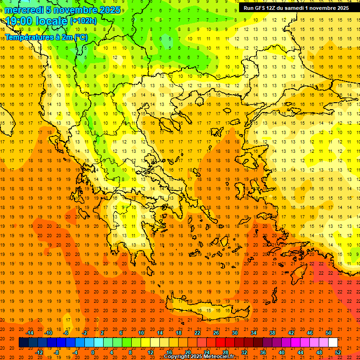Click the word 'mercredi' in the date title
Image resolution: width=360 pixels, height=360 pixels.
coord(25,10)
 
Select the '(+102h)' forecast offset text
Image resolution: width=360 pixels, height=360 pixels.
coord(83,21)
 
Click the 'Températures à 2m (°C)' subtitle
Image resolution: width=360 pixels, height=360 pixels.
coord(46,37)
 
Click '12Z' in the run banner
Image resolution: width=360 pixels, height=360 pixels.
coord(273,8)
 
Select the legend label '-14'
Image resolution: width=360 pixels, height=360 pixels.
coord(30,333)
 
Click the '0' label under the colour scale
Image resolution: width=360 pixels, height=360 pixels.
coord(93,352)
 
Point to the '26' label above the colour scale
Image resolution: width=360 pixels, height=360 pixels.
coord(216,333)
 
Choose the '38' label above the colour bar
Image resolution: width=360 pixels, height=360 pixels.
coord(272,333)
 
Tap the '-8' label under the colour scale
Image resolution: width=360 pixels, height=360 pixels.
coord(57,352)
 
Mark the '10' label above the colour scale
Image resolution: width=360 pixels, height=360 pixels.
coord(141,333)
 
